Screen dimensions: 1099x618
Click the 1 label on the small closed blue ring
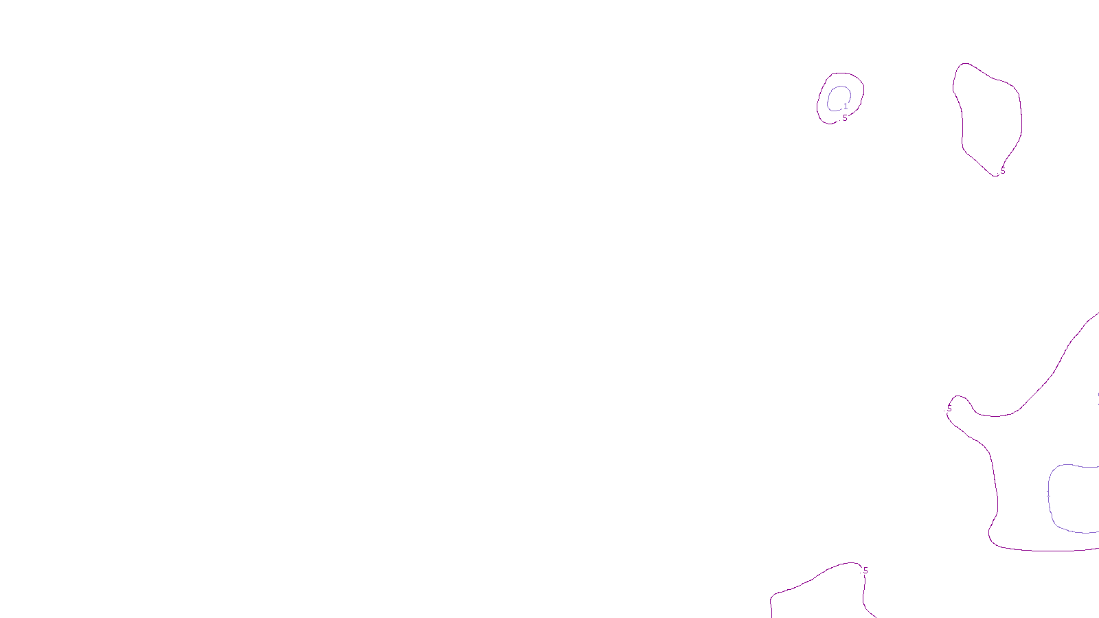[x=846, y=106]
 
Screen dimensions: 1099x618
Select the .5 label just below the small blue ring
[x=844, y=118]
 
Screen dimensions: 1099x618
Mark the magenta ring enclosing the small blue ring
[x=819, y=103]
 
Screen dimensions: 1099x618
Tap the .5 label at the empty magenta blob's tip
[x=1002, y=171]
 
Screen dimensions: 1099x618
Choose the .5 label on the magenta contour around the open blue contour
[x=949, y=409]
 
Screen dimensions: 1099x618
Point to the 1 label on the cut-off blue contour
[x=1048, y=494]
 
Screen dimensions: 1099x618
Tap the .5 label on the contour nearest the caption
[x=865, y=571]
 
